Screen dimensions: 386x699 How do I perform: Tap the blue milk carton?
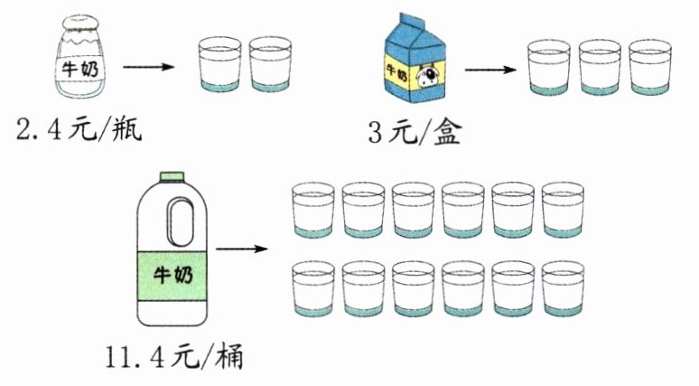tap(412, 63)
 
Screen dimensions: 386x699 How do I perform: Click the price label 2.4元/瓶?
tap(79, 131)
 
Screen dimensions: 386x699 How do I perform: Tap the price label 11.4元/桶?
tap(172, 360)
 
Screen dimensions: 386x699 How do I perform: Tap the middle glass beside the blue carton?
tap(601, 65)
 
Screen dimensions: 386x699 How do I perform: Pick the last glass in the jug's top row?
tap(564, 210)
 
